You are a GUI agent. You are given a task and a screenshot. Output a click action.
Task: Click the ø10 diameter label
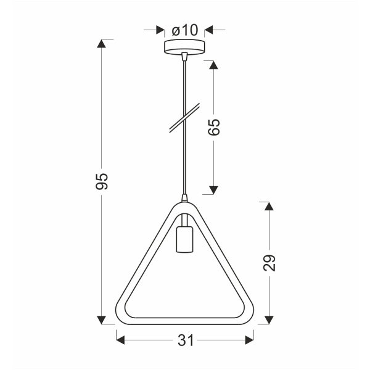[184, 29]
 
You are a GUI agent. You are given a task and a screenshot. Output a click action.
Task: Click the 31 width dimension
[186, 339]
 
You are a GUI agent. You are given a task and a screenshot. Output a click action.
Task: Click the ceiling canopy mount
[184, 47]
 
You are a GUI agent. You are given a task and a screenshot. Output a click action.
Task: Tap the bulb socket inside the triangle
[184, 240]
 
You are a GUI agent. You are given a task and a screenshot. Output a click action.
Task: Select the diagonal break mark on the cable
[184, 117]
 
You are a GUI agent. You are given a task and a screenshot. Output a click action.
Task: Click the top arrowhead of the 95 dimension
[102, 44]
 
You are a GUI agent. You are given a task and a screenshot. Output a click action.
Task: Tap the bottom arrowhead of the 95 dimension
[102, 319]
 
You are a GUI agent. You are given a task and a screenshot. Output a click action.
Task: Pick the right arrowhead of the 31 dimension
[249, 339]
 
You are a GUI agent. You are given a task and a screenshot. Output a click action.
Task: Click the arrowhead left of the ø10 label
[159, 29]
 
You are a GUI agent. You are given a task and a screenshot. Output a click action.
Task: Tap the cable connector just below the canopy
[184, 57]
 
